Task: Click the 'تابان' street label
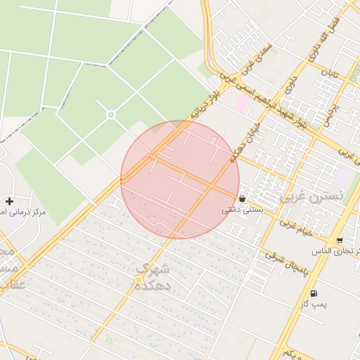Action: (x=330, y=72)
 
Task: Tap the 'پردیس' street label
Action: (x=330, y=113)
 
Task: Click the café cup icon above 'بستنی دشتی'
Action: (x=243, y=198)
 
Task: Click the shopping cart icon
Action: (x=340, y=240)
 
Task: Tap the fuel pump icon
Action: (x=313, y=294)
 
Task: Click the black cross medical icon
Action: (x=8, y=201)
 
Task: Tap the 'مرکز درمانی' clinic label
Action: (x=24, y=212)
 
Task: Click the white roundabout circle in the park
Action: (x=110, y=115)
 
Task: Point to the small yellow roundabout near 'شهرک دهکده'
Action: (x=138, y=281)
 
